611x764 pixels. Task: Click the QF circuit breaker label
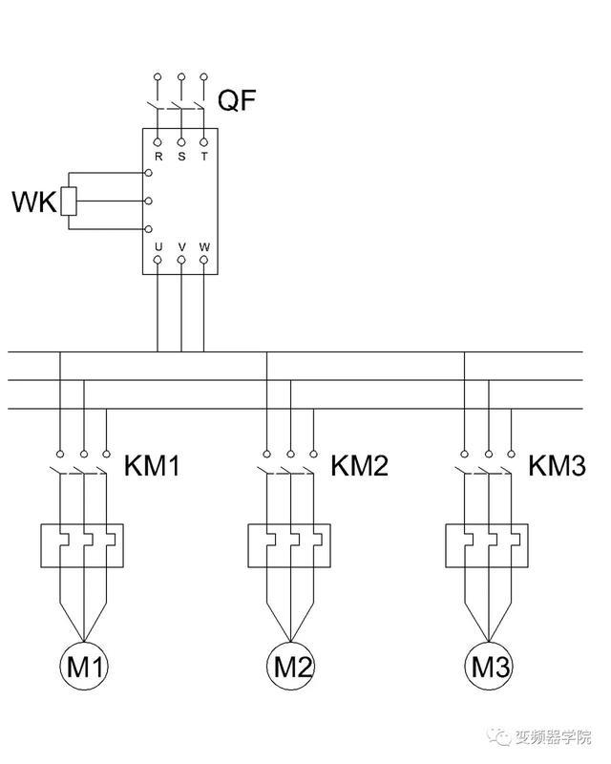(237, 100)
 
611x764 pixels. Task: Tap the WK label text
(33, 202)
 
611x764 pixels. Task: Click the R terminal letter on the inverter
(158, 157)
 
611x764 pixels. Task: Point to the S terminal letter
(181, 157)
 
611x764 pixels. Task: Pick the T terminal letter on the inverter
(204, 157)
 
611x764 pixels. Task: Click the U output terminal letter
(158, 247)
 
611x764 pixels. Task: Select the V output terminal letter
(181, 247)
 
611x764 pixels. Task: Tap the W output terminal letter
(204, 247)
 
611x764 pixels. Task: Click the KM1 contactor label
(152, 465)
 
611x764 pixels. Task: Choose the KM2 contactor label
(360, 465)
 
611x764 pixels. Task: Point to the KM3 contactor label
(557, 465)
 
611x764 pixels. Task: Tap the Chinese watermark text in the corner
(541, 737)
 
